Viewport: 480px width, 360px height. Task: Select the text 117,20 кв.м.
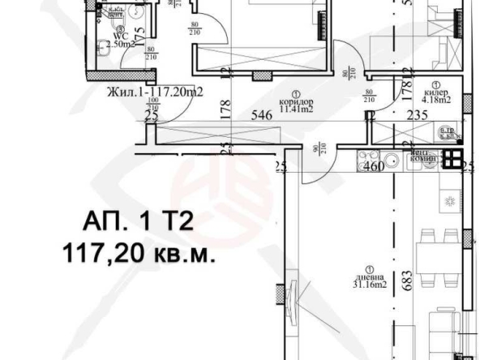[139, 254]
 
